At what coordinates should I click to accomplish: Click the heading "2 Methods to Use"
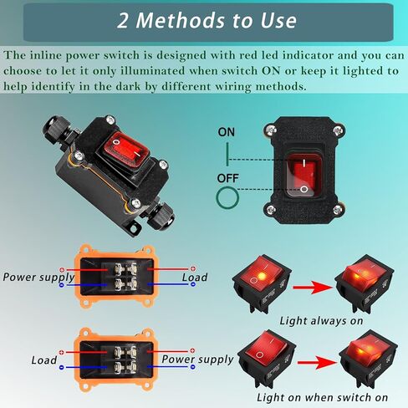click(204, 20)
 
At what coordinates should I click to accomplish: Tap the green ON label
click(226, 132)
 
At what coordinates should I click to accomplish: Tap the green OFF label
click(227, 178)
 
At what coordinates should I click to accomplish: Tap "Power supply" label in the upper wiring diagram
click(38, 277)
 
